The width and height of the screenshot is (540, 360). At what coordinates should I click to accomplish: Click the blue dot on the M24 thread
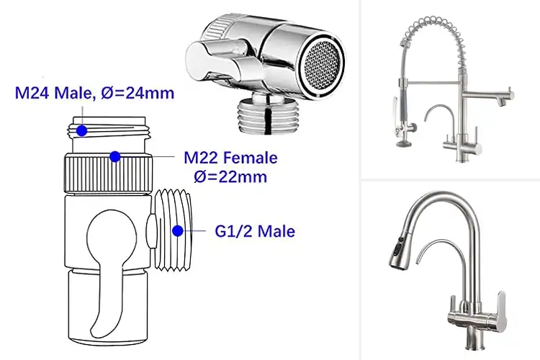click(81, 130)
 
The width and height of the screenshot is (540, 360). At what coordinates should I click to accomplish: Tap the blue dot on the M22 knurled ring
click(115, 156)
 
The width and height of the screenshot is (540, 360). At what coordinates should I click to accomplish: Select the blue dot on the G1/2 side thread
click(178, 231)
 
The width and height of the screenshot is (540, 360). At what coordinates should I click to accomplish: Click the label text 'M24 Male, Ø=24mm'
click(94, 93)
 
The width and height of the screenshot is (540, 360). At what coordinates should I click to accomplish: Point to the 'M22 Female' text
click(230, 158)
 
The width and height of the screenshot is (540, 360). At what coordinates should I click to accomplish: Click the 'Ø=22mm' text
click(230, 176)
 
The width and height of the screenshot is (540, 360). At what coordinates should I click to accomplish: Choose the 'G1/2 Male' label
click(255, 231)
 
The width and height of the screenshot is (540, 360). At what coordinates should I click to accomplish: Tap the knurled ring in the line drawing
click(108, 174)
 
